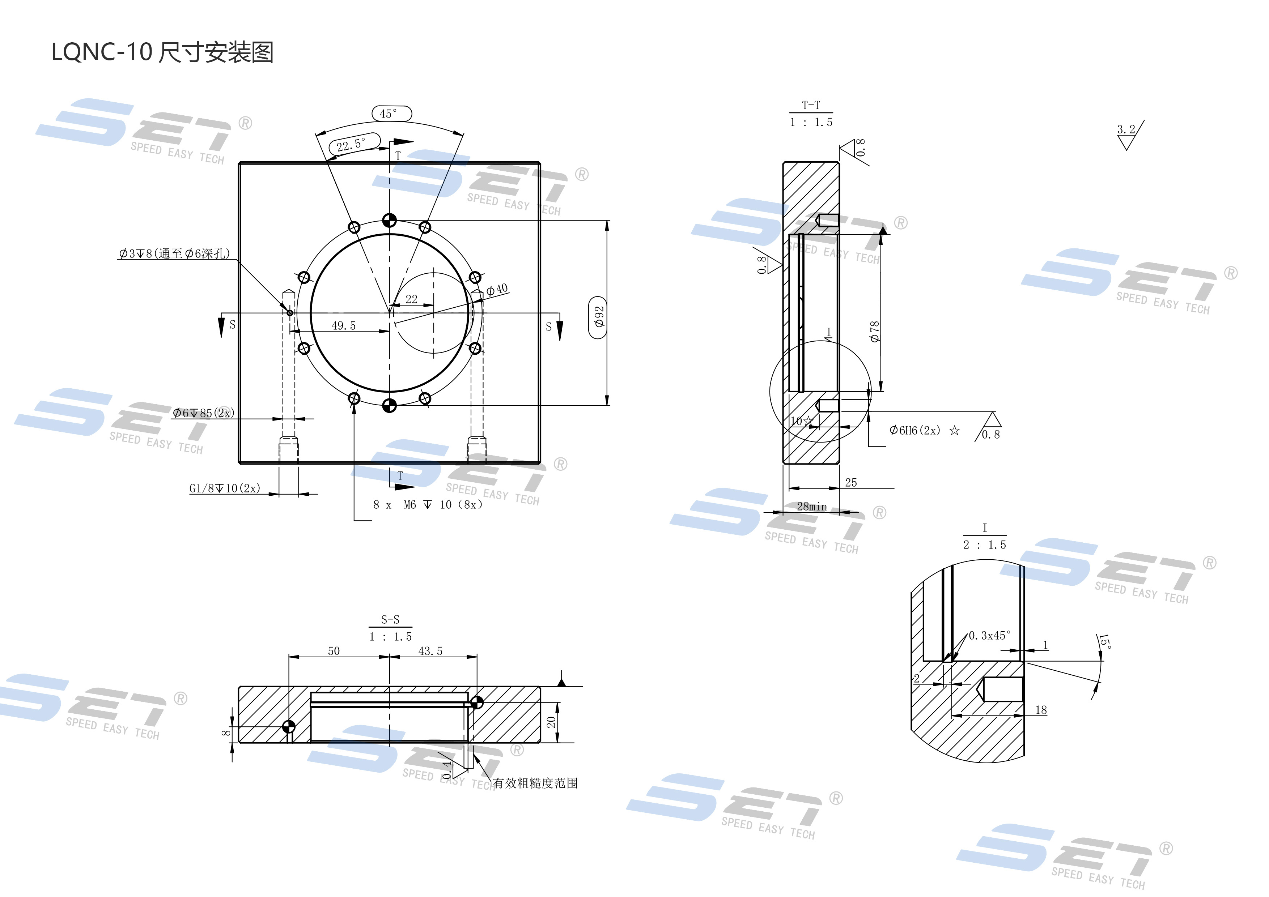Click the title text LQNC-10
click(102, 52)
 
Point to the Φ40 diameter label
click(497, 290)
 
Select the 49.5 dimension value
click(343, 326)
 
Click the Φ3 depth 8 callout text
click(174, 253)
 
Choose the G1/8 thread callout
click(224, 488)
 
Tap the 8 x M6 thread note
click(427, 505)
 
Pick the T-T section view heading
click(811, 105)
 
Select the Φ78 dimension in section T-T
click(874, 332)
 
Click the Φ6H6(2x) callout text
click(915, 430)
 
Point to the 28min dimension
click(811, 507)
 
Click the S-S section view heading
click(390, 620)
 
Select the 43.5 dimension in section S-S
click(430, 651)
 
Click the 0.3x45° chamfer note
click(989, 636)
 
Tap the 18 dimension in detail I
click(1041, 710)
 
